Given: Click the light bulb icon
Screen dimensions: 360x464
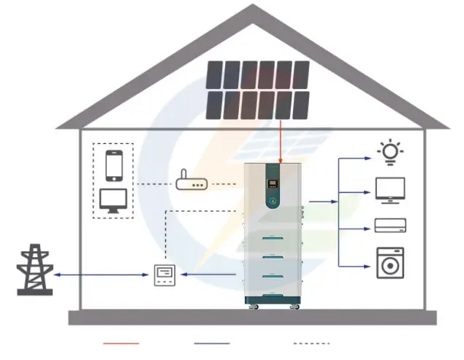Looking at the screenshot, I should [389, 151].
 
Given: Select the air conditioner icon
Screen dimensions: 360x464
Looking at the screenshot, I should [389, 225].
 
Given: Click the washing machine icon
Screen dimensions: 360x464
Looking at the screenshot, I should [389, 262].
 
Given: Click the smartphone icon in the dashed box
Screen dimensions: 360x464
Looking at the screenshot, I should [113, 165].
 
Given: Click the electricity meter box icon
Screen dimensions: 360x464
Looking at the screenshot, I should [164, 275].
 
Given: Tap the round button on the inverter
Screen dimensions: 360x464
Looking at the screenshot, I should [273, 199].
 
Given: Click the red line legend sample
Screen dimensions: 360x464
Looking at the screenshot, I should [121, 342].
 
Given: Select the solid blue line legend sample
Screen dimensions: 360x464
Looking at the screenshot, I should [212, 342].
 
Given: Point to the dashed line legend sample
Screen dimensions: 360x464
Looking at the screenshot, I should [311, 342].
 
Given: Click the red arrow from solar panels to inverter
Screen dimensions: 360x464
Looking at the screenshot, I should [281, 142].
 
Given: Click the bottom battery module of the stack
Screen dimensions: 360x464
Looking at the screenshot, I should [273, 287].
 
